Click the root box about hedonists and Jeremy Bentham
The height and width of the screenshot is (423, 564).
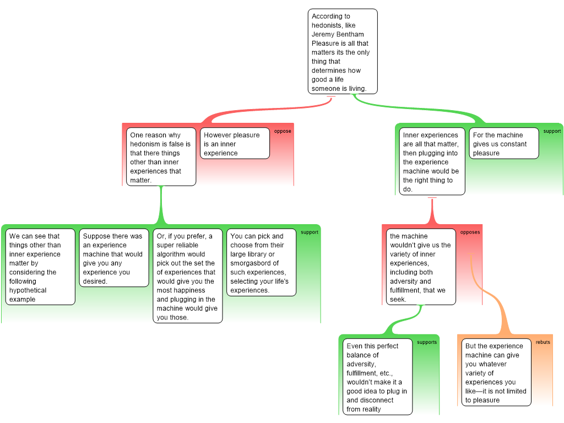(343, 51)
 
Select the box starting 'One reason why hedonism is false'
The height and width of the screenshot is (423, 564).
(161, 157)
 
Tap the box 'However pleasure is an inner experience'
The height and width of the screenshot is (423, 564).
(235, 143)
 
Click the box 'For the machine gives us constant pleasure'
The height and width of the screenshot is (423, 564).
(504, 143)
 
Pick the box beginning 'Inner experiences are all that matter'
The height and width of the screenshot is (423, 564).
(432, 161)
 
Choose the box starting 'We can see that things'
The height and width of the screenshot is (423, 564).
(40, 267)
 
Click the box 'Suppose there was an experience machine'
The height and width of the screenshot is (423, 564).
(114, 258)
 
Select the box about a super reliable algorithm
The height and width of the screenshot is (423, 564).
(188, 276)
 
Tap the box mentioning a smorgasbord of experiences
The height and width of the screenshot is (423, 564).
(262, 263)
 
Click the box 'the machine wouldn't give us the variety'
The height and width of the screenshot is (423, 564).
(421, 267)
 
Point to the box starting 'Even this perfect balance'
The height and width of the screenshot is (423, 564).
(378, 377)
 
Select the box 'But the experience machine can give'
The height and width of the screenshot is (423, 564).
(496, 372)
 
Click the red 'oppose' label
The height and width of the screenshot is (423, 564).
(283, 131)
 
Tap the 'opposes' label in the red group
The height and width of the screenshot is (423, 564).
(470, 232)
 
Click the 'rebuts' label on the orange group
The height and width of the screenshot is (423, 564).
(543, 342)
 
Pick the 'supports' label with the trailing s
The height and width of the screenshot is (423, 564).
(427, 342)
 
